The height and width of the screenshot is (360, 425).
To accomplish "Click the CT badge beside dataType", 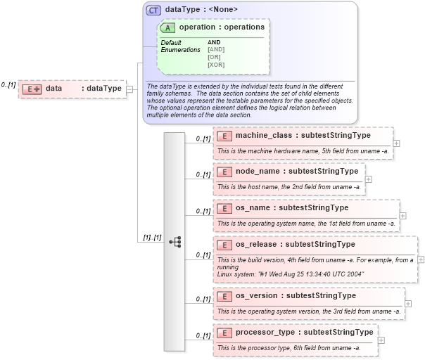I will (x=153, y=10).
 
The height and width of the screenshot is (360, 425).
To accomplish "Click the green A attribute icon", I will (x=168, y=27).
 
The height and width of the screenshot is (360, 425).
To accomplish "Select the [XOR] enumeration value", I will (x=216, y=65).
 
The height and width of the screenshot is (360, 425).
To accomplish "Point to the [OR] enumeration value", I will (x=215, y=57).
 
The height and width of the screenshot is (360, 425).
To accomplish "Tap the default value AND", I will (x=214, y=42).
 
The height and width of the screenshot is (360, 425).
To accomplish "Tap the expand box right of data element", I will (x=129, y=89).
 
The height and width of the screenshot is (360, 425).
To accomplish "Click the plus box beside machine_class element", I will (x=397, y=143).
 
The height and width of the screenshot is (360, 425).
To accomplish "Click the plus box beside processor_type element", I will (x=381, y=340).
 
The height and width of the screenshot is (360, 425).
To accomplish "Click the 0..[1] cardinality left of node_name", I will (x=203, y=175).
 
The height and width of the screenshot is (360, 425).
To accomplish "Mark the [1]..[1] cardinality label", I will (x=152, y=238).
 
